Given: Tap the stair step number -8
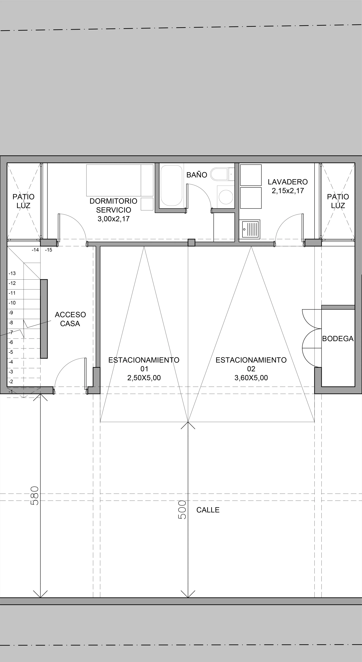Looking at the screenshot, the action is point(11,323).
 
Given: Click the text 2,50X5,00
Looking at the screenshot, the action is point(144,378).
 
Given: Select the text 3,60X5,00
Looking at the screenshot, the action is point(251,378).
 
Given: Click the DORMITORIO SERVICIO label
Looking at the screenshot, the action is point(113,205).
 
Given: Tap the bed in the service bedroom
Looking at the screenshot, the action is point(120,180).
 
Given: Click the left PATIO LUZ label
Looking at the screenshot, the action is point(23,201).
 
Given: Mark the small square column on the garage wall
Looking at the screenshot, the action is point(191,243).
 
